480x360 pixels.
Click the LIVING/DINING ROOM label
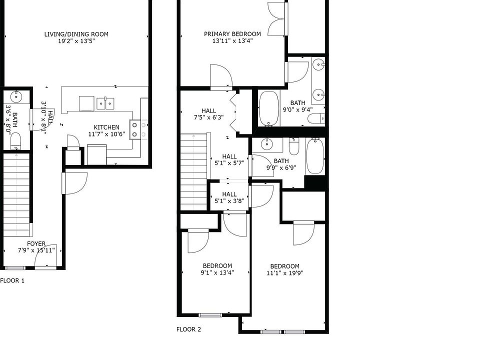pyautogui.click(x=76, y=34)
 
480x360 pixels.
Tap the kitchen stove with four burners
pyautogui.click(x=138, y=129)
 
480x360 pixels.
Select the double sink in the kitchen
pyautogui.click(x=105, y=103)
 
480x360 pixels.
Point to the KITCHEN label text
pyautogui.click(x=106, y=127)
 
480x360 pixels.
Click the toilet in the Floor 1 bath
pyautogui.click(x=15, y=140)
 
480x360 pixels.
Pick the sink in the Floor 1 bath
pyautogui.click(x=16, y=97)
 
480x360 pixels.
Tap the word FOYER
pyautogui.click(x=36, y=244)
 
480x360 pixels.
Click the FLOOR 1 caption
pyautogui.click(x=12, y=280)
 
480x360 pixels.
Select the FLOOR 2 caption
pyautogui.click(x=189, y=329)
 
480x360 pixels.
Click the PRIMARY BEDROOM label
pyautogui.click(x=232, y=34)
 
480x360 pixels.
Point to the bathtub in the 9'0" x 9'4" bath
pyautogui.click(x=269, y=108)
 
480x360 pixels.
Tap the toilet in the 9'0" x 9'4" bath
pyautogui.click(x=315, y=118)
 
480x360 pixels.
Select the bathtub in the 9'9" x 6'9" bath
pyautogui.click(x=315, y=156)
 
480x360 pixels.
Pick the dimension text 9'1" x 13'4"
pyautogui.click(x=217, y=272)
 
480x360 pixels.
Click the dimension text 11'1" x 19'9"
pyautogui.click(x=285, y=273)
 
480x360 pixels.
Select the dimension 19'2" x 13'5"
pyautogui.click(x=76, y=41)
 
